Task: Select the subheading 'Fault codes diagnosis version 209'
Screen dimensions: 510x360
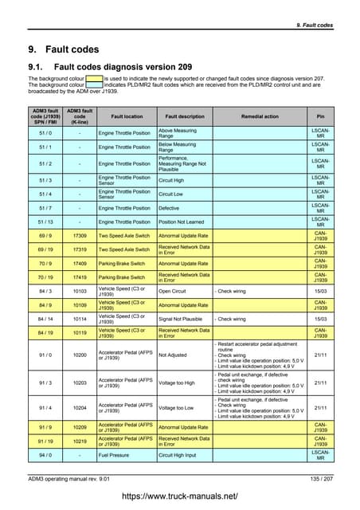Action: click(127, 67)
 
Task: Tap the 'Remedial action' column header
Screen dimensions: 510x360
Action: click(260, 116)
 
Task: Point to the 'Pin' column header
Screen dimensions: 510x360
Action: click(320, 116)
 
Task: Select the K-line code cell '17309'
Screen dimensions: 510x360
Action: click(79, 237)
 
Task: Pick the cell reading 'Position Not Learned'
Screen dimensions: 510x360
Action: click(184, 222)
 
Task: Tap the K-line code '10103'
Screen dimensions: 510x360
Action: click(79, 292)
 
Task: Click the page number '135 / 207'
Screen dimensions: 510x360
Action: click(319, 477)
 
